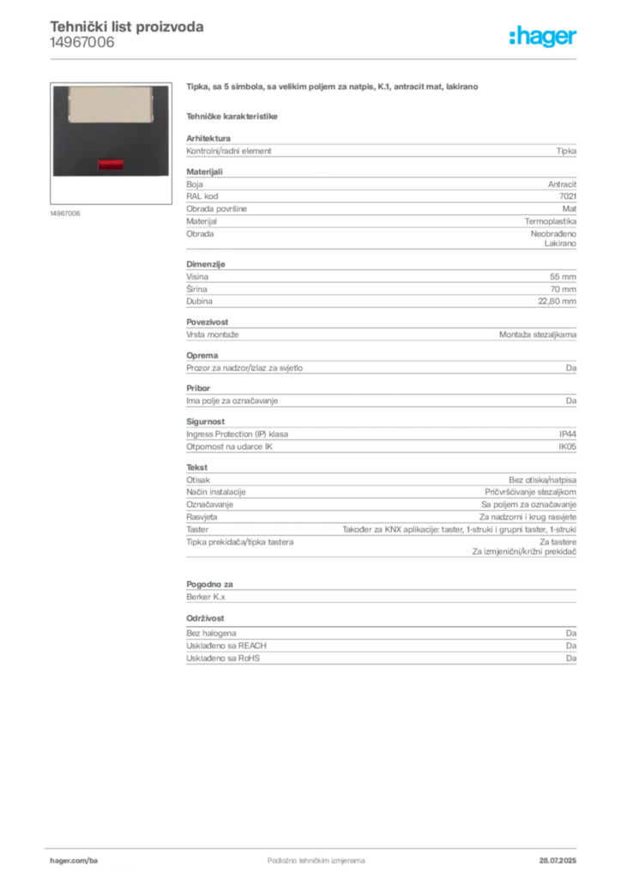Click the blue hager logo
544,37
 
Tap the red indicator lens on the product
110,163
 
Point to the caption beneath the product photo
65,213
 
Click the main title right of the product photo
332,87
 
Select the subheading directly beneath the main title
233,116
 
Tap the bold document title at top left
127,27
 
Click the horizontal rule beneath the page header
315,58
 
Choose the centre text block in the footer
306,856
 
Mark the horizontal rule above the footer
315,845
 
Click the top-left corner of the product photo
52,85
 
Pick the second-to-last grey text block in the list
381,591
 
